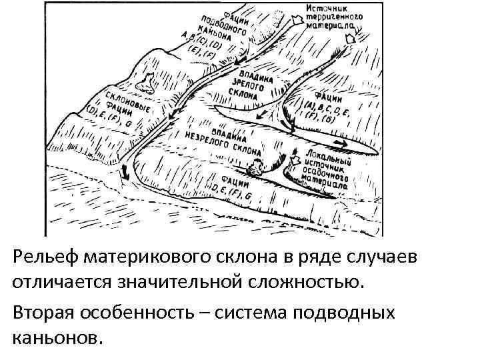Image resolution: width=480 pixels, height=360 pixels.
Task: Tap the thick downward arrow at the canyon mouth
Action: click(x=125, y=175)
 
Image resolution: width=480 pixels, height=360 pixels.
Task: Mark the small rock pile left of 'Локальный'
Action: click(x=254, y=169)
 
